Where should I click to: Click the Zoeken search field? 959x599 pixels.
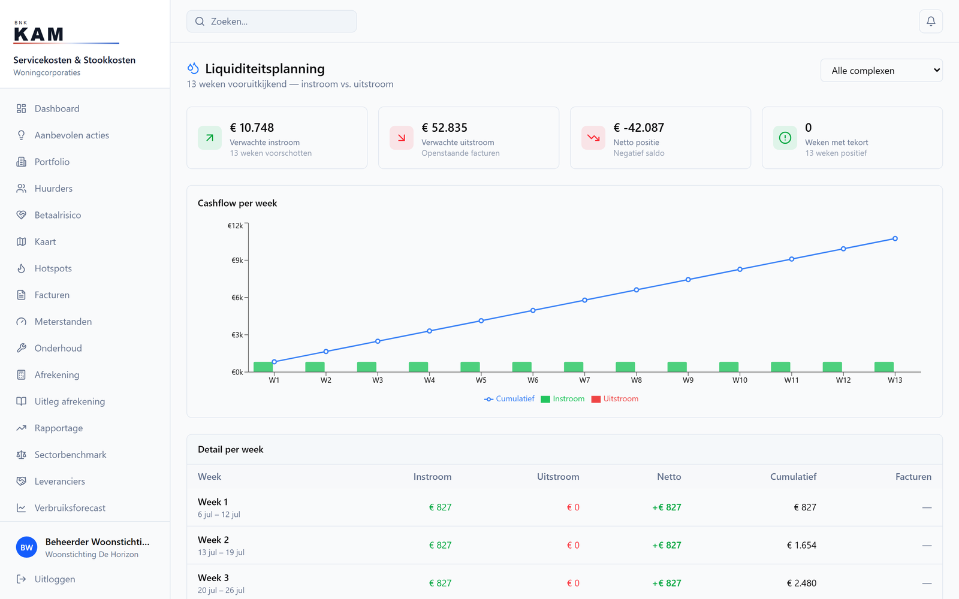(x=272, y=22)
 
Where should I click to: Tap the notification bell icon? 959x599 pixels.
(x=931, y=22)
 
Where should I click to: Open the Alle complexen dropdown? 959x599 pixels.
(x=881, y=71)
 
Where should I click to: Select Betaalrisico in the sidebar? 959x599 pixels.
(x=58, y=215)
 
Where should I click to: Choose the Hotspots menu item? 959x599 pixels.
(x=53, y=268)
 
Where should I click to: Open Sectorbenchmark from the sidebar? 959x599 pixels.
(x=70, y=455)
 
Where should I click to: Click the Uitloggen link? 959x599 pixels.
(x=55, y=579)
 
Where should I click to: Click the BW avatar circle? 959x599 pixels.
(x=26, y=547)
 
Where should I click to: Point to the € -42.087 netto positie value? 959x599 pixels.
(x=638, y=128)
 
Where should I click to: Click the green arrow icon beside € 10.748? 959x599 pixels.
(x=210, y=138)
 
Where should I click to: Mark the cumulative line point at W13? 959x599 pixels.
(x=895, y=239)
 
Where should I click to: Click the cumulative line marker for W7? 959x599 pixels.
(x=584, y=300)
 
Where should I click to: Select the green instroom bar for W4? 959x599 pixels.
(x=418, y=367)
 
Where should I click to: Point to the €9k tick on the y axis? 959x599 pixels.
(x=237, y=260)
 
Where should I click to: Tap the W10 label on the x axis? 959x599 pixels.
(x=740, y=380)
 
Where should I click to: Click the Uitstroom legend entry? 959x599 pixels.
(x=615, y=399)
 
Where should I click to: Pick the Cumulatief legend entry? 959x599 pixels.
(x=509, y=399)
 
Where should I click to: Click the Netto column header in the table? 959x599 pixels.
(x=669, y=477)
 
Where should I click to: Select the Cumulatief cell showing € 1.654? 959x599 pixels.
(x=801, y=545)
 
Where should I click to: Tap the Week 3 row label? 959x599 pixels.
(x=213, y=577)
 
